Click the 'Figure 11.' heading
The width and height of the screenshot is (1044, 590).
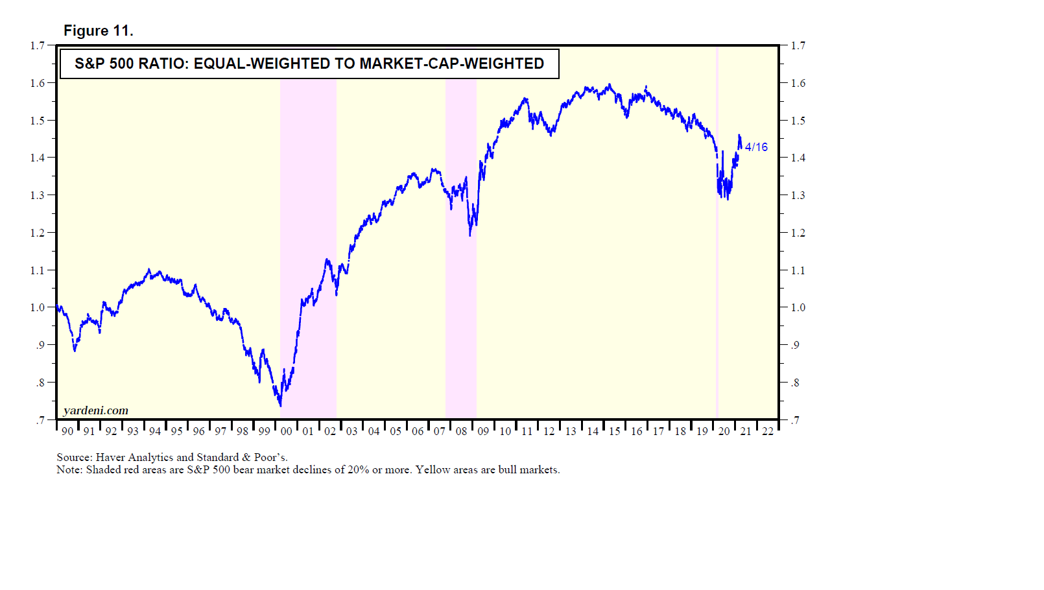tap(98, 30)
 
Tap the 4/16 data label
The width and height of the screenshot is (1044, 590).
tap(756, 147)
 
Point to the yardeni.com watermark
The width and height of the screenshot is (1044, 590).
tap(96, 410)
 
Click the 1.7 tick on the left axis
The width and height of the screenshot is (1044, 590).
tap(38, 45)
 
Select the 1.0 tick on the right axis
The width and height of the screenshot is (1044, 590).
tap(798, 307)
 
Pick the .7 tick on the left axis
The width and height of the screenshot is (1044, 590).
tap(40, 420)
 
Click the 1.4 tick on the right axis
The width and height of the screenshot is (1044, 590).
tap(798, 158)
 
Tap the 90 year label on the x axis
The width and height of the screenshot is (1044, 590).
tap(67, 431)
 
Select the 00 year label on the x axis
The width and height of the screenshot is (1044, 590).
tap(286, 431)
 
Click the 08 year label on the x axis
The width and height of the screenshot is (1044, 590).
tap(461, 431)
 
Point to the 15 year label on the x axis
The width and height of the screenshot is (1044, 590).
tap(615, 431)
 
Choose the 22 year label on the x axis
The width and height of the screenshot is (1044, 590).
tap(768, 431)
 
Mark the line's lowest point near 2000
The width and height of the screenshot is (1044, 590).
tap(280, 406)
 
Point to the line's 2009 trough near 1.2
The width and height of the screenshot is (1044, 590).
tap(470, 235)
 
